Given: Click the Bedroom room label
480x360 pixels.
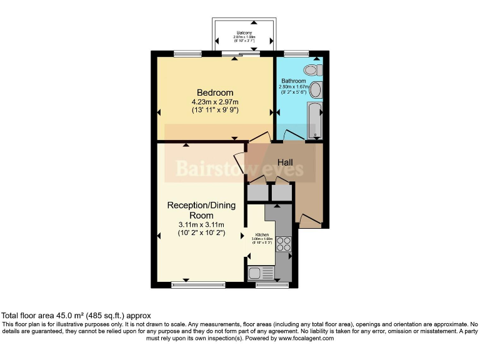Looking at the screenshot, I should [216, 92].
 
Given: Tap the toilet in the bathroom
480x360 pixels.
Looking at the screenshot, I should [311, 70].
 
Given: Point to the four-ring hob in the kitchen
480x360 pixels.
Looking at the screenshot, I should [284, 243].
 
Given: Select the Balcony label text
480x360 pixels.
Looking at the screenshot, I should [244, 32].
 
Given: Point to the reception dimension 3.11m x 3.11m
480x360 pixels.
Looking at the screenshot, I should [200, 225].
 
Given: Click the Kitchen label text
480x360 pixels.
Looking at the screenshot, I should [261, 234].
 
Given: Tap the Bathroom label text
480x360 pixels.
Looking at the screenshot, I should [293, 81].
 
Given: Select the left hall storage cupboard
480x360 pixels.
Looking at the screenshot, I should [256, 192].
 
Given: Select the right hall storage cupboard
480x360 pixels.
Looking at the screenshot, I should [282, 192].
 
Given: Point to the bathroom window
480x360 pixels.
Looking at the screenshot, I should [296, 53].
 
